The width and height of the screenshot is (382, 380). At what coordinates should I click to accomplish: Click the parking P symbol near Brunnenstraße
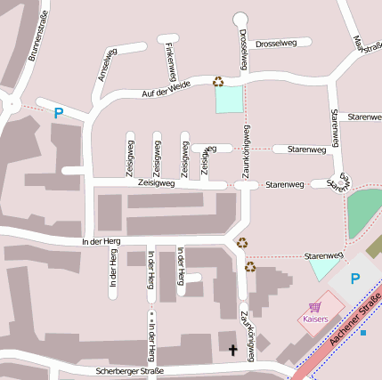pyautogui.click(x=59, y=113)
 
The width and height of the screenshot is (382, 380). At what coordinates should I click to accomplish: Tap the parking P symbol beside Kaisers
pyautogui.click(x=354, y=279)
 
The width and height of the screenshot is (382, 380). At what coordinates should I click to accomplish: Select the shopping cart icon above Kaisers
pyautogui.click(x=313, y=307)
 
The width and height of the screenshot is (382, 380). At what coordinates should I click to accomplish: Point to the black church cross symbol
pyautogui.click(x=233, y=350)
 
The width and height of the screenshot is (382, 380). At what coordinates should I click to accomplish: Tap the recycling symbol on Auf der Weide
pyautogui.click(x=218, y=82)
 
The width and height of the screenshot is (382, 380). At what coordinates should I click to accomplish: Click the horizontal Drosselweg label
pyautogui.click(x=275, y=43)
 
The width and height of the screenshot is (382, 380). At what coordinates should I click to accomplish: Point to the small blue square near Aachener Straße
pyautogui.click(x=363, y=333)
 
